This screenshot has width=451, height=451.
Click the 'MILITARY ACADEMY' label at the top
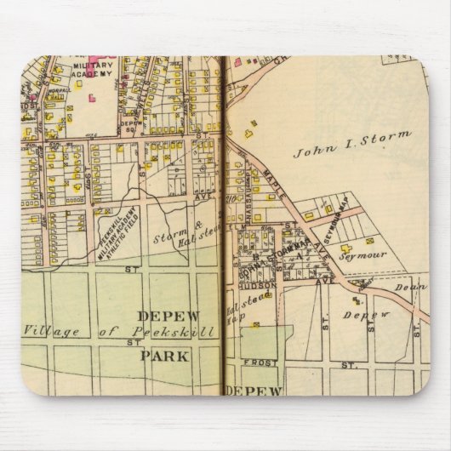92,71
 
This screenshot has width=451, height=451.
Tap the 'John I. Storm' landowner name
351,146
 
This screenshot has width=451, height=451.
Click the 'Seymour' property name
363,254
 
